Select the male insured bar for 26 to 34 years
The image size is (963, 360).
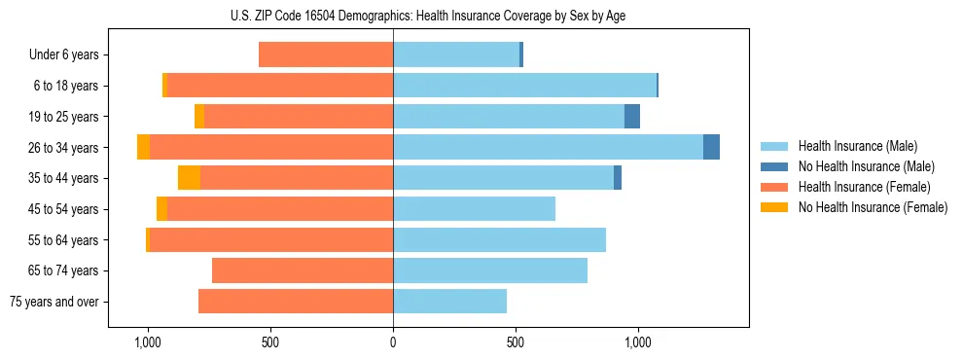[x=548, y=147]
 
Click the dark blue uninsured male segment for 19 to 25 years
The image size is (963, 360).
[x=632, y=116]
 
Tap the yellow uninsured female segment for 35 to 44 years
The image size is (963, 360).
[x=189, y=178]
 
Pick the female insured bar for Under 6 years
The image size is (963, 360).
[x=326, y=54]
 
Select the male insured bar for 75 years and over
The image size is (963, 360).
[x=449, y=302]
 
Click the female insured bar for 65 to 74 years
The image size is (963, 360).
[x=303, y=270]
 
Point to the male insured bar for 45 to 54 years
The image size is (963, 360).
[x=474, y=209]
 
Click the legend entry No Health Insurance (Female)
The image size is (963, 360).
[x=873, y=207]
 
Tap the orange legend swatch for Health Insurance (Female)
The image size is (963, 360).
[x=774, y=187]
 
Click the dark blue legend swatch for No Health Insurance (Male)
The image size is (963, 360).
[x=774, y=166]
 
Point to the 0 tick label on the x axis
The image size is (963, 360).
[x=393, y=342]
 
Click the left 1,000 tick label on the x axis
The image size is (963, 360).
[x=148, y=342]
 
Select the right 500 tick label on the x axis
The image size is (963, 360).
[x=516, y=342]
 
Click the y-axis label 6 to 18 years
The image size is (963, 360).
[x=66, y=86]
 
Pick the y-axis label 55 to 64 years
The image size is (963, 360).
[x=63, y=240]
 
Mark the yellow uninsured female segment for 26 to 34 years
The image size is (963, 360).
[x=143, y=147]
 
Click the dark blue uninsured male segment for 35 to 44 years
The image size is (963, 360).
[x=618, y=178]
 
